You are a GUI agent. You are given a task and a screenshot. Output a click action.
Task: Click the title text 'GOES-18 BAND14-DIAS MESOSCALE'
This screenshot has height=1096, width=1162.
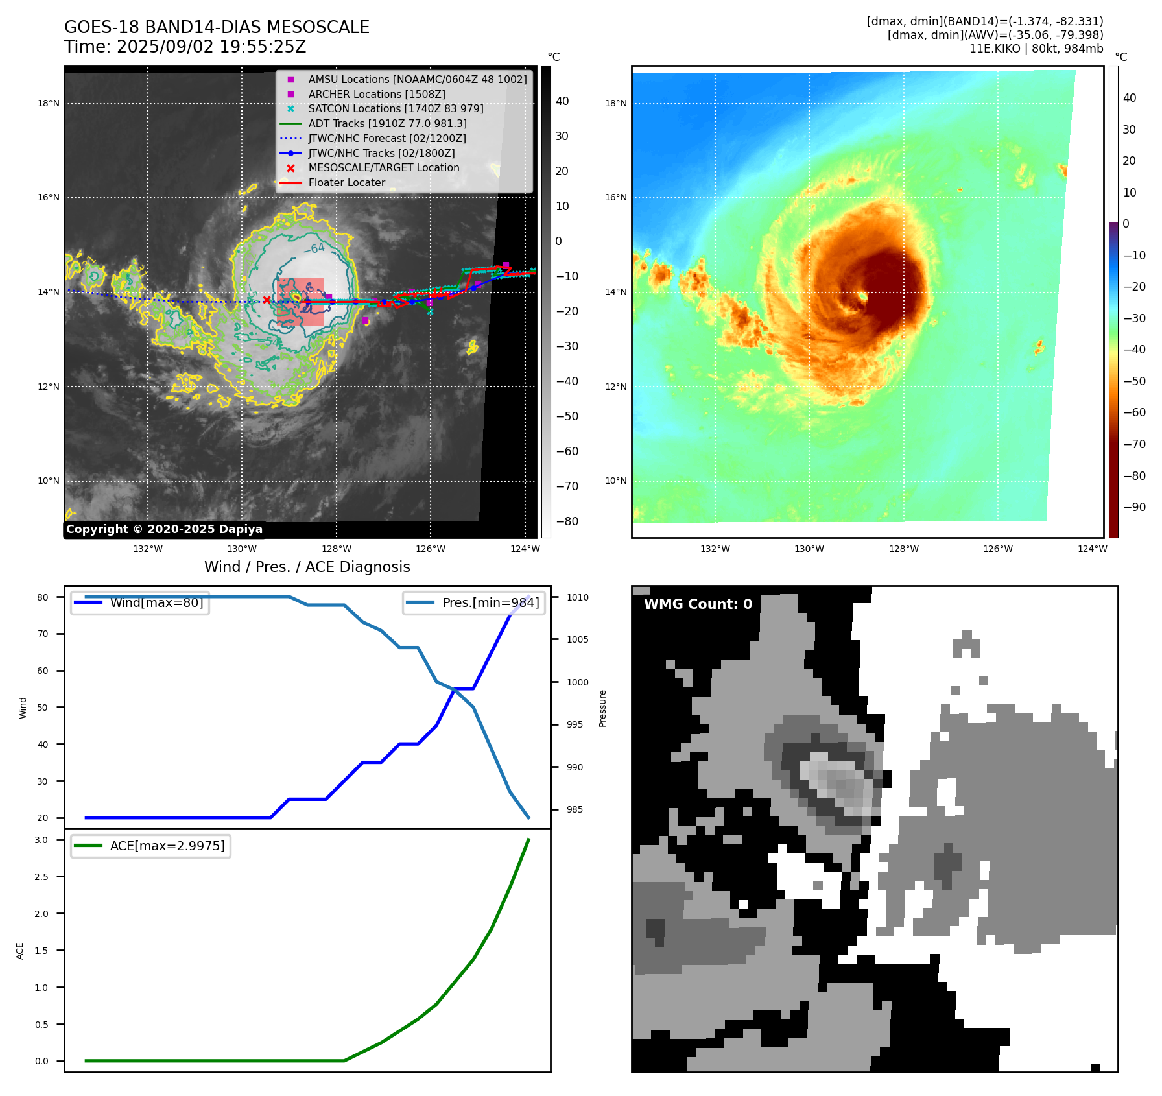217,27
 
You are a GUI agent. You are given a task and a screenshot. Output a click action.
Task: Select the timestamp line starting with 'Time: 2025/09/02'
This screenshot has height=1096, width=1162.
185,47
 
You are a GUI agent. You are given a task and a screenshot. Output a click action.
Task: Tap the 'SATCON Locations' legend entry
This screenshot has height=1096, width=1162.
396,108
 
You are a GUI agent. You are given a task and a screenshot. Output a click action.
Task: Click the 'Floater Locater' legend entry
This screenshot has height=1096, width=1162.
346,182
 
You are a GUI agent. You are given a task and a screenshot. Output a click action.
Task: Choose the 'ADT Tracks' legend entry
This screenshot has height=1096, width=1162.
387,123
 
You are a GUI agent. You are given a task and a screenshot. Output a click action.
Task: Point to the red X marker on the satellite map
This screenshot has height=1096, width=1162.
267,300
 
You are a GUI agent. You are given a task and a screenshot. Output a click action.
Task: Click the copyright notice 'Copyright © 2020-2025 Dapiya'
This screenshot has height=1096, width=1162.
164,529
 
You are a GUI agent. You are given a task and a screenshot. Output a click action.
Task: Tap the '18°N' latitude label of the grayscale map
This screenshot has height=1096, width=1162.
49,103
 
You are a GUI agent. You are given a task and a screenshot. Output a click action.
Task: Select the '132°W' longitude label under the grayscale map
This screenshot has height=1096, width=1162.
148,549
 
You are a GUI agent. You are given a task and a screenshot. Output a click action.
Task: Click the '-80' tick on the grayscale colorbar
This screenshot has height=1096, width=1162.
567,521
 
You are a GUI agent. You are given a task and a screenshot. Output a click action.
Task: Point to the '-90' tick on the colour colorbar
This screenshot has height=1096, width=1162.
1134,507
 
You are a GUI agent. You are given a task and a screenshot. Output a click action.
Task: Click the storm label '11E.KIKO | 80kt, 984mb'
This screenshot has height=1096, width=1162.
1036,49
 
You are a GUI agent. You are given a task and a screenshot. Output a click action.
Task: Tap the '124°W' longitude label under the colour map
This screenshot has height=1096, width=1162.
1092,549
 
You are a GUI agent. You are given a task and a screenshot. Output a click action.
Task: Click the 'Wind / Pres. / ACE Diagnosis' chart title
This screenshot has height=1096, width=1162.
307,567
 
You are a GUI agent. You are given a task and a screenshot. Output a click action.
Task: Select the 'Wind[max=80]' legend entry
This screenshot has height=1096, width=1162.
156,602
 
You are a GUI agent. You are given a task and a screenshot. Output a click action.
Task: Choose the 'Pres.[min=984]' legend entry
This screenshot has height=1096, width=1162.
490,602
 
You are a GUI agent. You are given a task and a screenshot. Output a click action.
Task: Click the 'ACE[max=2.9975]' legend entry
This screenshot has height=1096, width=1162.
167,846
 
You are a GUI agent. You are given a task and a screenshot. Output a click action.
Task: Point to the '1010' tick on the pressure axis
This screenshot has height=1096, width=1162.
577,597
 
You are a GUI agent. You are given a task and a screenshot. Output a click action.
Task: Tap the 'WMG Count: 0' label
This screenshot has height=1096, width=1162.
698,604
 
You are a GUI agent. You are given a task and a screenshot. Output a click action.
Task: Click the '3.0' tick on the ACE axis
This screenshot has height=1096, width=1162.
41,840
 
